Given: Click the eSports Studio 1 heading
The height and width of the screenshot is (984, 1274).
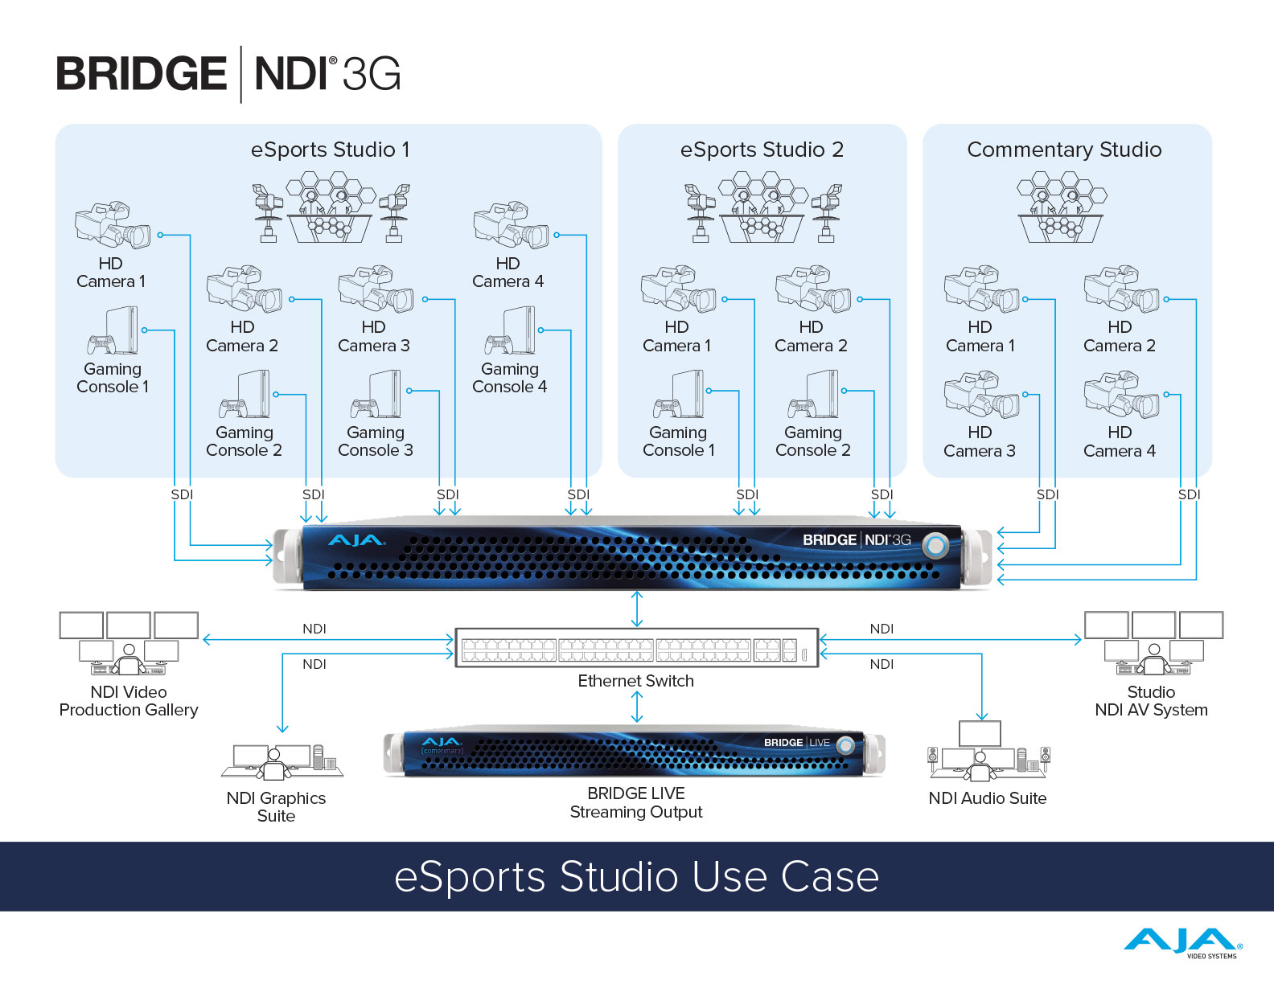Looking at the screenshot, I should coord(330,150).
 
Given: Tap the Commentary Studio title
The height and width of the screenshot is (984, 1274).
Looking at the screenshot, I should coord(1064,150).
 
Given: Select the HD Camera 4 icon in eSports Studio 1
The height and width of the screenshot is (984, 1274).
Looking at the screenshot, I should coord(511,225).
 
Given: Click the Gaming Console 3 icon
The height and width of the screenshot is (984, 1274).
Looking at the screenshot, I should coord(376,395).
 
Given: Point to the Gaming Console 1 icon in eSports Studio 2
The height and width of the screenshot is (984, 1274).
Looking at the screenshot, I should coord(678,395).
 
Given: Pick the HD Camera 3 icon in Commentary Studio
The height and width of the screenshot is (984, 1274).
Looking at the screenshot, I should coord(980,395).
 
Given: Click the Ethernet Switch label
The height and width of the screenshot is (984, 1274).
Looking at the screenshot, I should coord(635,681).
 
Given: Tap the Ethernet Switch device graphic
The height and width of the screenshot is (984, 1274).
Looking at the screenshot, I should coord(636,648).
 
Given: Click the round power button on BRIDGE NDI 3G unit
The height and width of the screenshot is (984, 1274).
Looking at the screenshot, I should coord(935,546).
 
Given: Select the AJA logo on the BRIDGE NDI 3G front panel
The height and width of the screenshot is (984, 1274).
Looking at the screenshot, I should coord(356,540).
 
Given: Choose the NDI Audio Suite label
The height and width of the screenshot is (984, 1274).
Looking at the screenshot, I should coord(987,798).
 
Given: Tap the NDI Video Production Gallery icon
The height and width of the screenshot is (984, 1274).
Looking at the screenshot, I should coord(129,643).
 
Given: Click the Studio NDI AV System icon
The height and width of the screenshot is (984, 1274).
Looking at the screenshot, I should coord(1153,643).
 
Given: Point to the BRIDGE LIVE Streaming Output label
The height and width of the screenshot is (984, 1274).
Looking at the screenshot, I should coord(635,803).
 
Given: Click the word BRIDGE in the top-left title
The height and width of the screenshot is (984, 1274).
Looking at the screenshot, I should coord(142,74).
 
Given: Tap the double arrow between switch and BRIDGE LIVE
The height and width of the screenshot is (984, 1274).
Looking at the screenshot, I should coord(637,707).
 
